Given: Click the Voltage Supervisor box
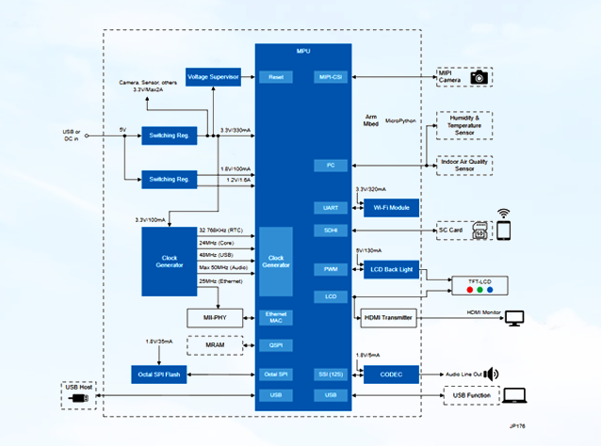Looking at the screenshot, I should [213, 76].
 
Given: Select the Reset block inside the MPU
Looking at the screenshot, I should [276, 76].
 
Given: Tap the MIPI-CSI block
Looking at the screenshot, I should [331, 76].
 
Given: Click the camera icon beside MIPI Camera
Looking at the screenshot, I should [479, 77].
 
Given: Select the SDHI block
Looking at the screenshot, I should [331, 230].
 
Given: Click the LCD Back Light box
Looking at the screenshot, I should [390, 270].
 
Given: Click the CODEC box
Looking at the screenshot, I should [390, 374].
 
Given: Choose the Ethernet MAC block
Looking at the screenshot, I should [276, 318].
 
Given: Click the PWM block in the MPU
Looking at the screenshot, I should [331, 269].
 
